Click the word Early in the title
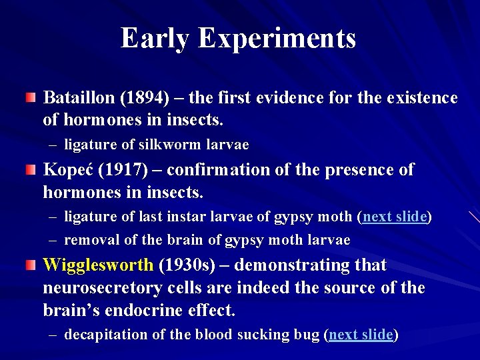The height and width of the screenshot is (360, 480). point(155,38)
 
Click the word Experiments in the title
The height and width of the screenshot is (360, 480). point(277,39)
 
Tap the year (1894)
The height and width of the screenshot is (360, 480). point(145,99)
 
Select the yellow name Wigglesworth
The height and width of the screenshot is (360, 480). point(98,265)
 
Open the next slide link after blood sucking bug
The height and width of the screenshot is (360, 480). point(361,335)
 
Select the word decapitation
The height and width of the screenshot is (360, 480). point(98,335)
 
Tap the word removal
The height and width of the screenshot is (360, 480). point(87,240)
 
